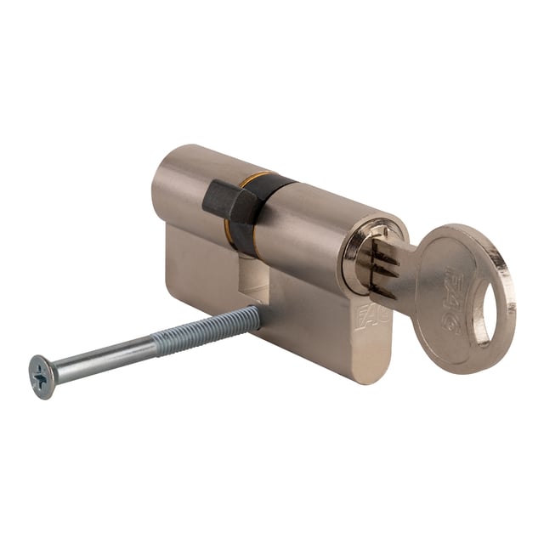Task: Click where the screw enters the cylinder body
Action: click(258, 314)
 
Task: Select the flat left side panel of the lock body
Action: click(200, 263)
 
